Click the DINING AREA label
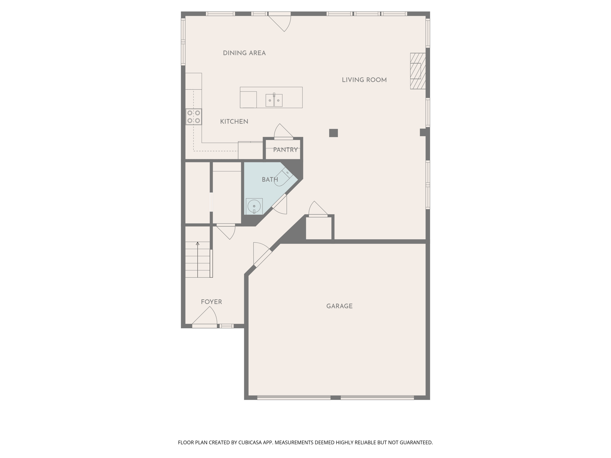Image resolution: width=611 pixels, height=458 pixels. pos(244,53)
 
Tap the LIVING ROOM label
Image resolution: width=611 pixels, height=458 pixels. pos(364,80)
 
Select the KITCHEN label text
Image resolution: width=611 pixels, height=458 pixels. pos(234,121)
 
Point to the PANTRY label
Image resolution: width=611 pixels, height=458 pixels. pos(285,150)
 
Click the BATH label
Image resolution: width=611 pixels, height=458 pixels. pos(270,180)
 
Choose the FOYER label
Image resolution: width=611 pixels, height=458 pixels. pos(211,302)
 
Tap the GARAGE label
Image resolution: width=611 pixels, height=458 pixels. pos(339,306)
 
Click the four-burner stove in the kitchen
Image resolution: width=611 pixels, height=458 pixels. pos(194,117)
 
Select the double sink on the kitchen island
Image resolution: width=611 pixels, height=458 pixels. pos(274,100)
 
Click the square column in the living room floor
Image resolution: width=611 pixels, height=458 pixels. pos(333,133)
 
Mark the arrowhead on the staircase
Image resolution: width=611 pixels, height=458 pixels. pos(198,244)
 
